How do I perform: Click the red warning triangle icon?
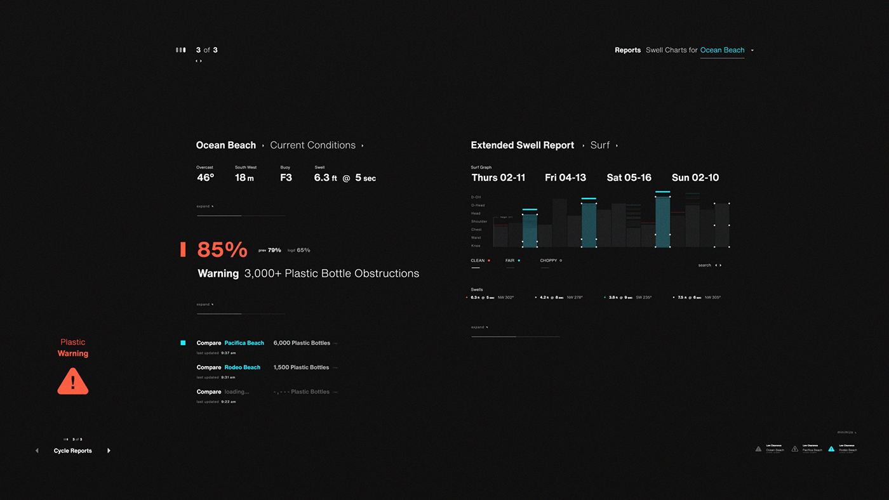coord(73,381)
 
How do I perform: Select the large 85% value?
coord(222,250)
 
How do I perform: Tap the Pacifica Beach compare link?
coord(244,343)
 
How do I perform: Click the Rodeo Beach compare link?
coord(242,367)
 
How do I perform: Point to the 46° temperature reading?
coord(205,178)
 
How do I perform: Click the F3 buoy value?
coord(286,178)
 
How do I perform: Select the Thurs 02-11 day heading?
coord(498,178)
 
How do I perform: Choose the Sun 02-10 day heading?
coord(695,178)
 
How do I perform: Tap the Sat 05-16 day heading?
coord(629,178)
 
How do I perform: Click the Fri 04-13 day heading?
coord(565,178)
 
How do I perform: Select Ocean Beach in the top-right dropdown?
coord(722,50)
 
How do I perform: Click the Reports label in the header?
coord(627,50)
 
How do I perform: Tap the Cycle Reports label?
coord(72,451)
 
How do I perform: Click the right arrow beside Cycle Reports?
coord(109,451)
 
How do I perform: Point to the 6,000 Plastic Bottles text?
coord(302,343)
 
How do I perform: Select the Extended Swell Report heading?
coord(522,145)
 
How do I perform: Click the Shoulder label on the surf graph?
coord(479,221)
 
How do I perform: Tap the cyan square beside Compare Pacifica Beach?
coord(183,343)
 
